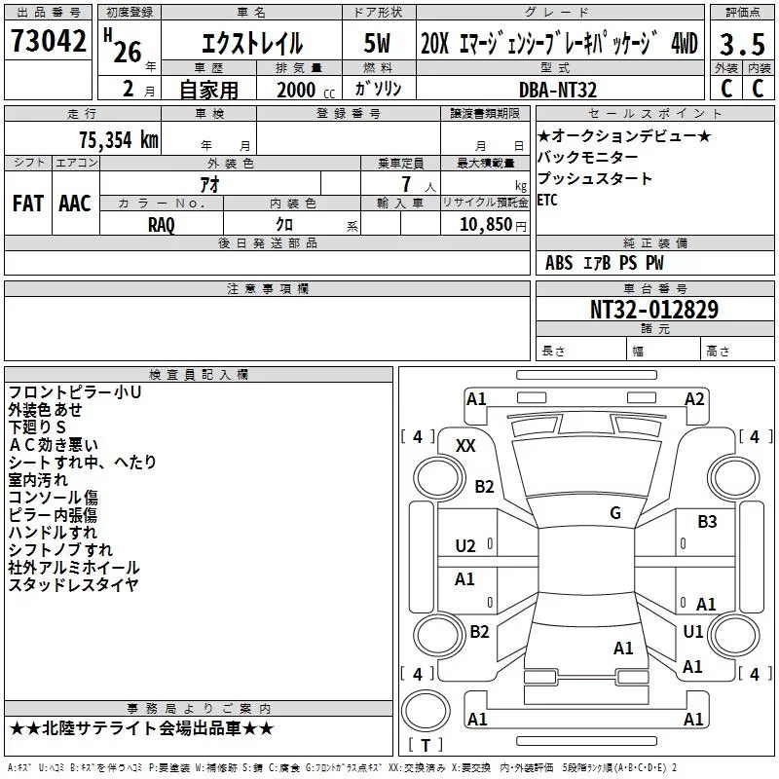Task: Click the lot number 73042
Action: [x=48, y=41]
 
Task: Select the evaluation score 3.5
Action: [x=742, y=44]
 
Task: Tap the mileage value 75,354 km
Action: [x=119, y=140]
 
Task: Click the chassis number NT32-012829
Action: [x=654, y=310]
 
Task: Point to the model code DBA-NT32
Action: [x=558, y=90]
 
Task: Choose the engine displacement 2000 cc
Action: [x=306, y=90]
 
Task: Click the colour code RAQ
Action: [x=162, y=225]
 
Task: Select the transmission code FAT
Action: [x=27, y=204]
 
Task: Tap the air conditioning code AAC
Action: [x=75, y=204]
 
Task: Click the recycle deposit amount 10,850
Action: [x=486, y=224]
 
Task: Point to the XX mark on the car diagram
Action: [x=465, y=446]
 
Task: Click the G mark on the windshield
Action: [x=615, y=512]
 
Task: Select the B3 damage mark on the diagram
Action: [x=707, y=522]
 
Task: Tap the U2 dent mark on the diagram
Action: [x=465, y=546]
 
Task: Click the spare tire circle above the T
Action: [x=426, y=711]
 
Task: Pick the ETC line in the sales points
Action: [x=547, y=201]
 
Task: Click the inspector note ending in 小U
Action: [x=75, y=392]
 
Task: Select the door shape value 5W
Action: [x=377, y=43]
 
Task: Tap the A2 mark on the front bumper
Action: [x=694, y=399]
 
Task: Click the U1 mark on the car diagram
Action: [x=692, y=631]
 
